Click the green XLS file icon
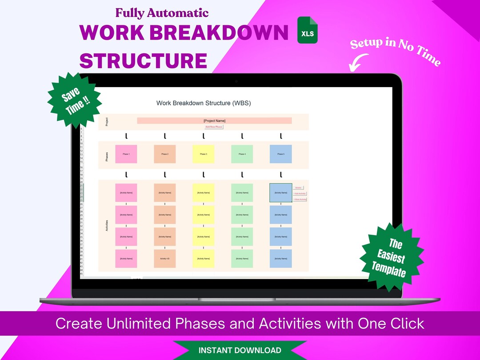[x=308, y=30]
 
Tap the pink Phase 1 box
[x=126, y=154]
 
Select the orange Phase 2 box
[x=165, y=154]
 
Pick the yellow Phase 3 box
[x=204, y=154]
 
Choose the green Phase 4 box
[x=242, y=154]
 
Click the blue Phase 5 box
[x=281, y=154]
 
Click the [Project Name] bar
[x=214, y=120]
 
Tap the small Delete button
[x=299, y=188]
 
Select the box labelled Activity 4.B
[x=165, y=258]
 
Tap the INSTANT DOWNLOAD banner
[x=240, y=350]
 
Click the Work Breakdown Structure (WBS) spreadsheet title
[x=204, y=103]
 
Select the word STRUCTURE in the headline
[x=143, y=61]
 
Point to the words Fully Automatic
[x=162, y=12]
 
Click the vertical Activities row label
[x=107, y=226]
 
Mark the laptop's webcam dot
[x=236, y=81]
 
